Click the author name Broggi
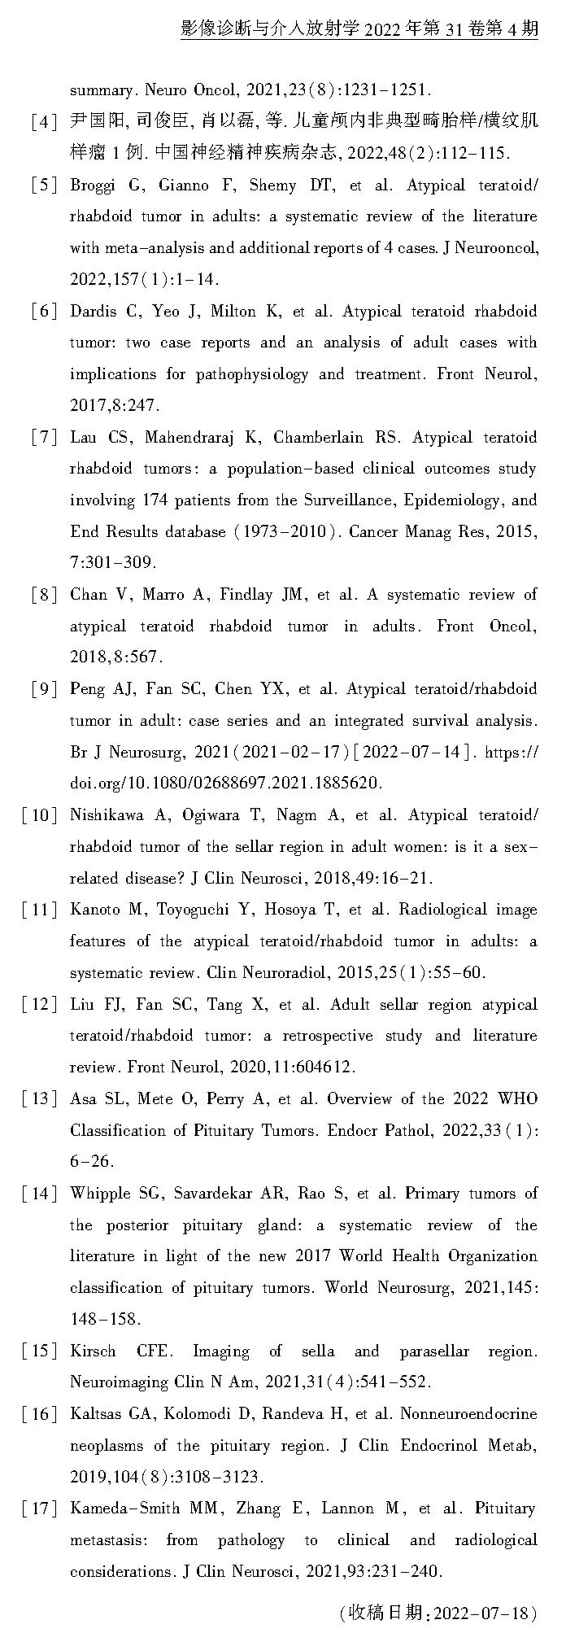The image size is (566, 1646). pos(94,186)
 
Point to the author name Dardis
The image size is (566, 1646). pos(94,312)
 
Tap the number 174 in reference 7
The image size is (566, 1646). pos(156,500)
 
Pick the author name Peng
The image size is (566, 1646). pos(87,689)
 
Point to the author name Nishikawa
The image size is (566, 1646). pos(107,815)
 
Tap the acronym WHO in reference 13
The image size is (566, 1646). pos(517,1098)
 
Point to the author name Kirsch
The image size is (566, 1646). pos(93,1351)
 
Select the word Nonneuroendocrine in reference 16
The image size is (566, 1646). pos(468,1414)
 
